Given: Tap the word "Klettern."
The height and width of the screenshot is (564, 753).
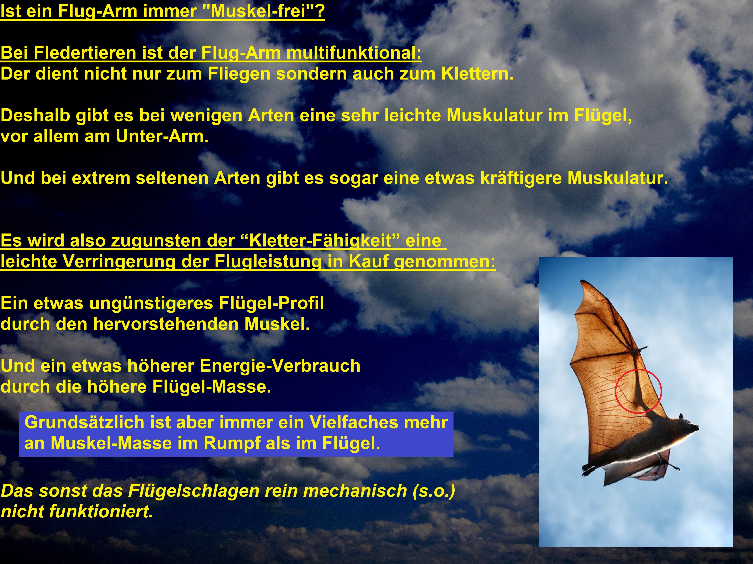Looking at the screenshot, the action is [x=477, y=74].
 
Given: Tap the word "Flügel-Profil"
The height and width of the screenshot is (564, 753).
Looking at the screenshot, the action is [x=271, y=303].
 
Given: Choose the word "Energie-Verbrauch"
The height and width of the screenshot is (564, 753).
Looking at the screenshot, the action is [x=280, y=366].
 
